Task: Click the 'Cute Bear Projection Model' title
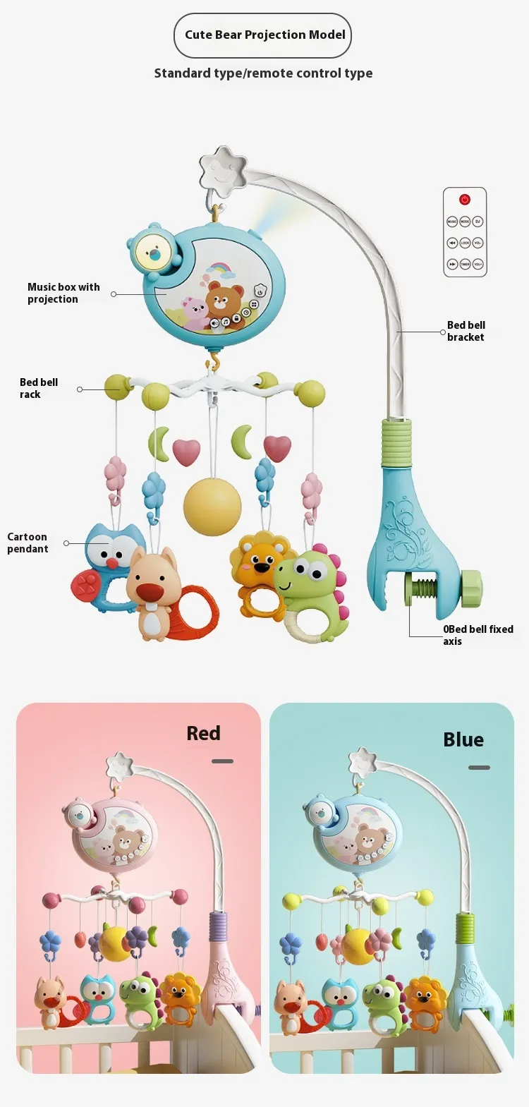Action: tap(264, 35)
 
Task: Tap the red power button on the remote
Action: tap(464, 200)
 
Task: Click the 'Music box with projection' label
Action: tap(63, 293)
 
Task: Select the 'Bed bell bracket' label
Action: tap(466, 331)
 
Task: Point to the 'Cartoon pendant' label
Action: tap(28, 543)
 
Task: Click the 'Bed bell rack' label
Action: tap(38, 388)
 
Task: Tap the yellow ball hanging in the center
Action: tap(212, 506)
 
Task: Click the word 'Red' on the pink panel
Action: tap(203, 733)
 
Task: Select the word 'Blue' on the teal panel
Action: tap(463, 739)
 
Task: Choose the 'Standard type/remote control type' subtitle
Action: tap(263, 73)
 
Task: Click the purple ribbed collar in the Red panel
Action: tap(218, 925)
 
